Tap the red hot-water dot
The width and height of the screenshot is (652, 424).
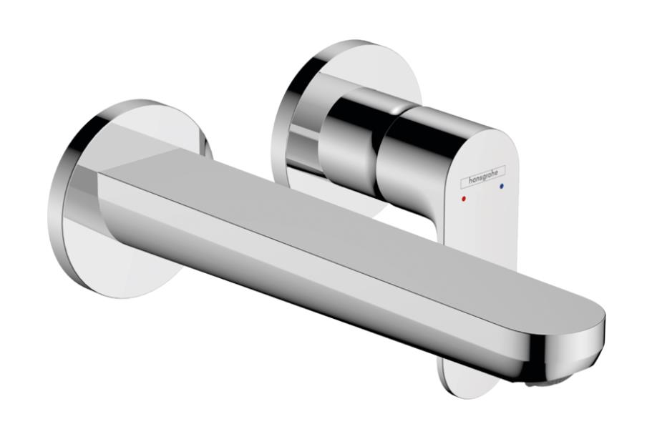click(x=464, y=199)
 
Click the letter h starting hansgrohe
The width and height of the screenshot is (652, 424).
click(x=471, y=181)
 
